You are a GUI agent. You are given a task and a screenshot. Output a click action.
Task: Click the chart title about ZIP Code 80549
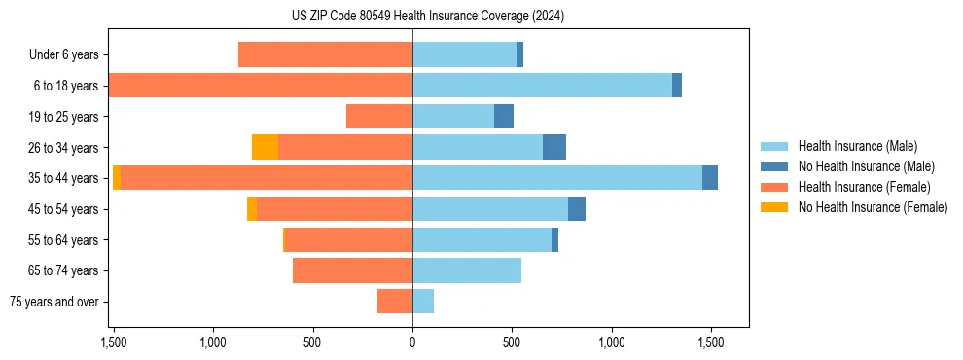(427, 17)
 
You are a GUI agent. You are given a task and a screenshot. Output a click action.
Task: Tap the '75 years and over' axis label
(54, 302)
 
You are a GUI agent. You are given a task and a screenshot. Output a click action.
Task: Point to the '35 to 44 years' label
(64, 178)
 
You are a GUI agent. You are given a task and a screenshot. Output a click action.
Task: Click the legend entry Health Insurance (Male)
(855, 146)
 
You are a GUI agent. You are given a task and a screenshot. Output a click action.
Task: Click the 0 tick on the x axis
(412, 342)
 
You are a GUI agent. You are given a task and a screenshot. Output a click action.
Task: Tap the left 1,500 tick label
(114, 342)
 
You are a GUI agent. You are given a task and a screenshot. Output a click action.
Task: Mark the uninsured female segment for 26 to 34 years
(265, 147)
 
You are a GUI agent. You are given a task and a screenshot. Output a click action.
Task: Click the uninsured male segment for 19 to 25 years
(503, 117)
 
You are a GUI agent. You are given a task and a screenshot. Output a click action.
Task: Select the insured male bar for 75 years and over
(423, 302)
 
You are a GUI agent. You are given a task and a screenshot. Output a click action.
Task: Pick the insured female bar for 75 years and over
(395, 302)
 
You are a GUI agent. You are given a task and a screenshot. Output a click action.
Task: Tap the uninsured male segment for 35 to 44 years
(710, 178)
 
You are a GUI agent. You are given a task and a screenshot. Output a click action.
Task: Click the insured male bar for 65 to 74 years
(467, 270)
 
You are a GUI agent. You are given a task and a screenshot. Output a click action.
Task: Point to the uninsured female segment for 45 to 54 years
(252, 209)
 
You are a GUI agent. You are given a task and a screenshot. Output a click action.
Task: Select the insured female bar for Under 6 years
(325, 54)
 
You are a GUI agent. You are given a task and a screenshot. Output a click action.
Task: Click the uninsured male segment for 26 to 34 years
(554, 147)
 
